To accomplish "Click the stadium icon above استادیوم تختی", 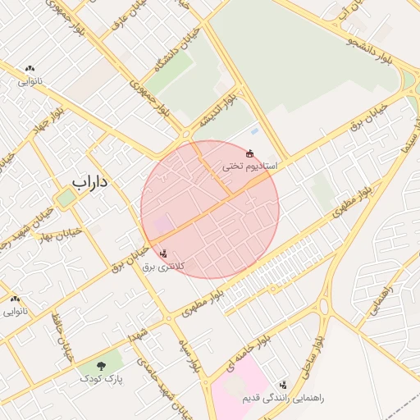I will coord(249,153).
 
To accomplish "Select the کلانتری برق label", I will coord(163,267).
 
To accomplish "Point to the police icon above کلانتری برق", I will coord(163,253).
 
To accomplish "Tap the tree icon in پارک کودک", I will coord(101,366).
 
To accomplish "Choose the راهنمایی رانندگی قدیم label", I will coord(283,398).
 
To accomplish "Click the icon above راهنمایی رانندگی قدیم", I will coord(284,385).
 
